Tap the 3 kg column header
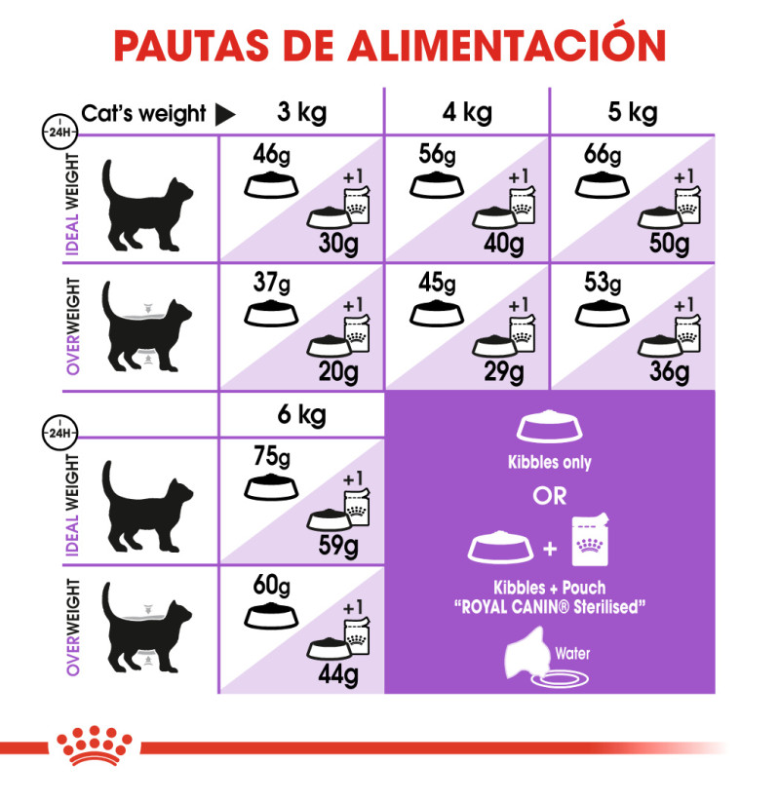coord(302,113)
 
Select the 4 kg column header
coord(467,113)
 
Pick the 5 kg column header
coord(633,113)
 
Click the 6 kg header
coord(302,415)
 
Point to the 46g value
coord(271,155)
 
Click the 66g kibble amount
coord(603,155)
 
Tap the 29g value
coord(504,372)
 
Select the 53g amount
coord(603,283)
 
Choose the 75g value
coord(272,456)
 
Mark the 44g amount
coord(337,675)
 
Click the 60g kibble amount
coord(271,585)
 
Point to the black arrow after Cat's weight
coord(224,114)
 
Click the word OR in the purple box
coord(550,496)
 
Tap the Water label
coord(572,653)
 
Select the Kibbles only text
coord(549,462)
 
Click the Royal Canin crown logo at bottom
coord(95,745)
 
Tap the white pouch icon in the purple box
coord(590,540)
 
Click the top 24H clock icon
coord(59,132)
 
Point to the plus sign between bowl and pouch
coord(550,549)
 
